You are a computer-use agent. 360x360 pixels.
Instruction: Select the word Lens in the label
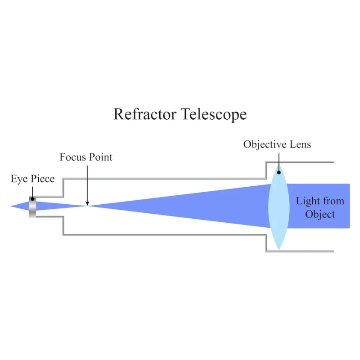299,144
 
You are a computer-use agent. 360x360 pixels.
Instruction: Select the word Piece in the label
42,179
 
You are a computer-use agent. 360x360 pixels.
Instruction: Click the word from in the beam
332,201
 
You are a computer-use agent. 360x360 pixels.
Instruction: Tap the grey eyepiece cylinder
32,207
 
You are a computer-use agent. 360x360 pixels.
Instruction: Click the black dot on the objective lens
279,171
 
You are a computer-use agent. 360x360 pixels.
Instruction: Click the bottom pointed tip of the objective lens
279,249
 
